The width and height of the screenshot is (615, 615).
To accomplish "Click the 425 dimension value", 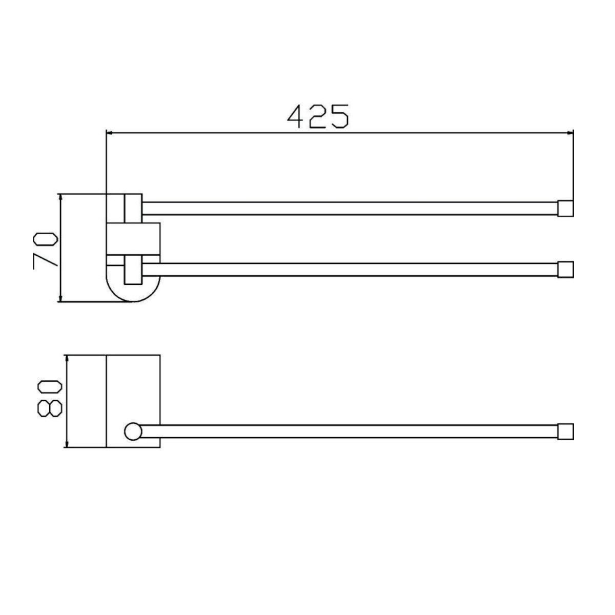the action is [x=318, y=116].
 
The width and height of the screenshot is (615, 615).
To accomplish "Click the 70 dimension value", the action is [x=46, y=251].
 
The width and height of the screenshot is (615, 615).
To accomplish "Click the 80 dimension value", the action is [x=50, y=399].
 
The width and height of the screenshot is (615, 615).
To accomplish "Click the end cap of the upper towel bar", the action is [x=565, y=209].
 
